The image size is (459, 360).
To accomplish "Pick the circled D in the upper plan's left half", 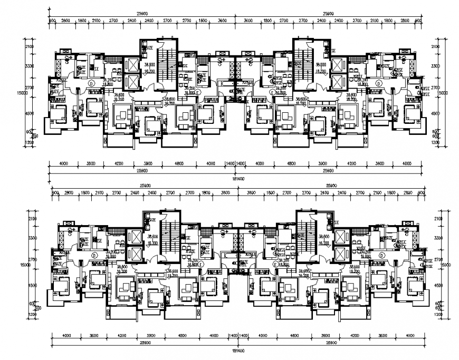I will click(91, 84).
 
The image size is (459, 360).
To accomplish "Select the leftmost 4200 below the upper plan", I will click(119, 164).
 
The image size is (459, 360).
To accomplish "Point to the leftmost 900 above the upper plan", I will click(52, 21).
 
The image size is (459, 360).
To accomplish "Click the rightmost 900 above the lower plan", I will click(420, 193).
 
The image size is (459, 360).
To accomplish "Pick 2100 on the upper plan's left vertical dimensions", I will click(31, 47).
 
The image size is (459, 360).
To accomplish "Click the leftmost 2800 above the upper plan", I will click(66, 21).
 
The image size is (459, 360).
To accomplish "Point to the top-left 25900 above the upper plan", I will click(140, 14).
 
